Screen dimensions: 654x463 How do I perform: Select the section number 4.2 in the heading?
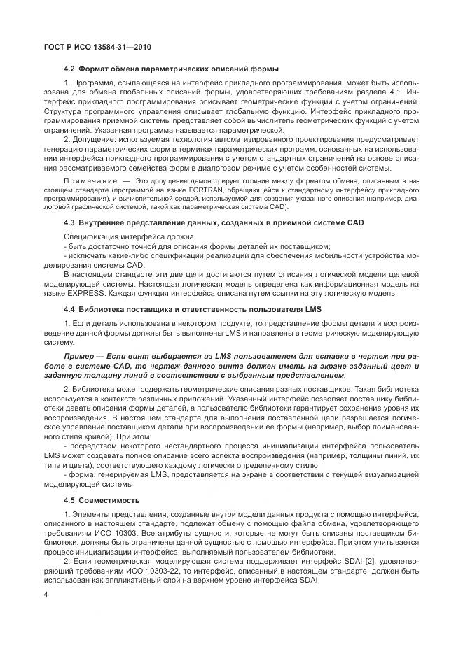coord(69,69)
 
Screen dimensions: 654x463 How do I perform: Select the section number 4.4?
coord(69,308)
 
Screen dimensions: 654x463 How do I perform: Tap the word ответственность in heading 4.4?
coord(216,308)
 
